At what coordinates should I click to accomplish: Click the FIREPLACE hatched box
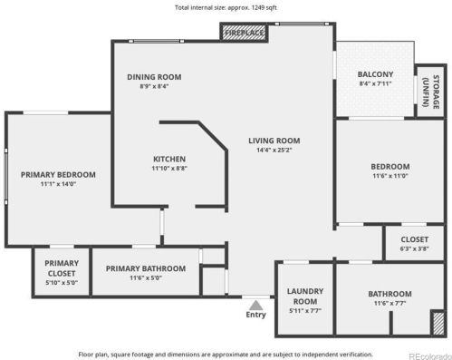tap(244, 33)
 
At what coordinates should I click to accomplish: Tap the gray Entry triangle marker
tap(255, 305)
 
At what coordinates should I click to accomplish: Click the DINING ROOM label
tap(154, 77)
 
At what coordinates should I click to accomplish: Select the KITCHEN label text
tap(169, 159)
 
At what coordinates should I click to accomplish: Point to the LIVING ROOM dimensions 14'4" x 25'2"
tap(274, 150)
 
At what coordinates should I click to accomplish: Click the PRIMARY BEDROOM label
tap(58, 175)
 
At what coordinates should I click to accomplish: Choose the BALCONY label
tap(375, 74)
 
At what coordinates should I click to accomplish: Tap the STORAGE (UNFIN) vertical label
tap(431, 92)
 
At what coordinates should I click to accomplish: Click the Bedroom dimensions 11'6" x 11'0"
tap(390, 176)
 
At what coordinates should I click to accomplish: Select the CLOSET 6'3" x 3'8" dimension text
tap(415, 248)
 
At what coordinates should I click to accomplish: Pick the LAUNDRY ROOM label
tap(305, 297)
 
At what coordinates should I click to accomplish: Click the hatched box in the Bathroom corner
tap(438, 323)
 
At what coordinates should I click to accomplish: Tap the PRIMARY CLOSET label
tap(62, 268)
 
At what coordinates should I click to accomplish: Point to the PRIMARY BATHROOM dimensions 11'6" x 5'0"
tap(146, 277)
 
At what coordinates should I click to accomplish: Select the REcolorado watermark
tap(430, 356)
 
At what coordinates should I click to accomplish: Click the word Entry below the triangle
tap(255, 315)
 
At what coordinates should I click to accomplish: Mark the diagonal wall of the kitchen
tap(213, 135)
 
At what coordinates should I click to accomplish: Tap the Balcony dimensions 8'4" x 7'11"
tap(375, 83)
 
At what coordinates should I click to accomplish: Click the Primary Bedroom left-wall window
tap(6, 177)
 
